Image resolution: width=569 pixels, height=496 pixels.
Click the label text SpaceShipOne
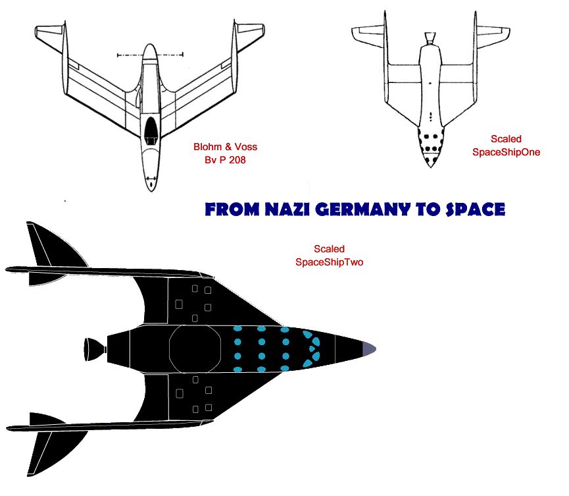pyautogui.click(x=506, y=152)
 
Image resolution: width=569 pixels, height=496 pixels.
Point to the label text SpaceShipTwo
pyautogui.click(x=329, y=262)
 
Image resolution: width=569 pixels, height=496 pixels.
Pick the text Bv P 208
pyautogui.click(x=225, y=160)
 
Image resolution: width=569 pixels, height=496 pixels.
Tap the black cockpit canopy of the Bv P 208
pyautogui.click(x=151, y=129)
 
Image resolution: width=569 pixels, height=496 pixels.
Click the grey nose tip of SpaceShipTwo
pyautogui.click(x=370, y=349)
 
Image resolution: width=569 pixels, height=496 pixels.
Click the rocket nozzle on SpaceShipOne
pyautogui.click(x=430, y=38)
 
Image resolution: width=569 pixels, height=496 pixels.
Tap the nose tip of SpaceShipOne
pyautogui.click(x=430, y=167)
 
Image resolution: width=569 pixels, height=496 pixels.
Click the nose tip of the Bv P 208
pyautogui.click(x=151, y=190)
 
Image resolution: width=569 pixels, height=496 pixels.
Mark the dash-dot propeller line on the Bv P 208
pyautogui.click(x=150, y=55)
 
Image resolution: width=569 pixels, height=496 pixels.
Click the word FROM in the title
pyautogui.click(x=232, y=209)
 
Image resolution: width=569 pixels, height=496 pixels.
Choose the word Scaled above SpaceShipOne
pyautogui.click(x=506, y=139)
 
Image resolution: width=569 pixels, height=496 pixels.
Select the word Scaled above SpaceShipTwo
pyautogui.click(x=329, y=249)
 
